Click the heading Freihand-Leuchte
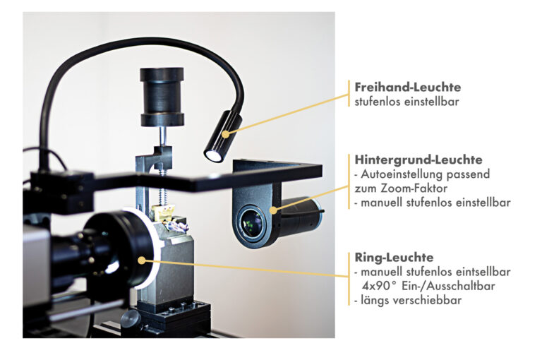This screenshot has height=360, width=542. [x=407, y=87]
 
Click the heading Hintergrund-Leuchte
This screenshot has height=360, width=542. [x=418, y=160]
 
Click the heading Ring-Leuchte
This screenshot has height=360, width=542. [x=394, y=257]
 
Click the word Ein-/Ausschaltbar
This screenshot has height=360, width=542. [x=448, y=286]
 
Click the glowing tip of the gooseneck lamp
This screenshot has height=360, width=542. [x=213, y=155]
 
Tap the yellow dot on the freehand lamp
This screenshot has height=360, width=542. [x=226, y=134]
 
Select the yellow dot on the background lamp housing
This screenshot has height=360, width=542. [x=273, y=210]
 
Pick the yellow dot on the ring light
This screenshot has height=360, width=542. [x=142, y=260]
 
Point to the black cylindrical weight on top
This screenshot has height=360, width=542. [x=162, y=97]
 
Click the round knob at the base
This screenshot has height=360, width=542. [x=131, y=319]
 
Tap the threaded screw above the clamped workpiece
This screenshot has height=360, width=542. [x=161, y=186]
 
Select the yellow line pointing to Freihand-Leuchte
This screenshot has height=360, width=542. [x=288, y=114]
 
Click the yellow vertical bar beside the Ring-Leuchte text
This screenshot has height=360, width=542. [x=349, y=279]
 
